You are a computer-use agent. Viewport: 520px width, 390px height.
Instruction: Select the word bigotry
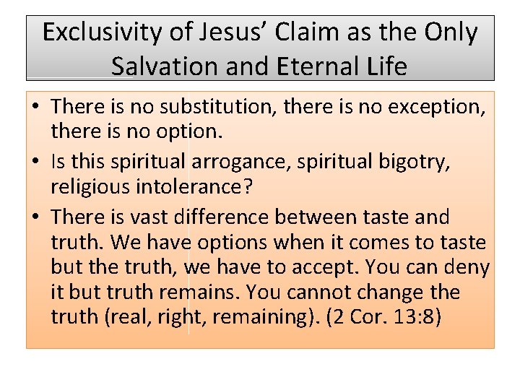(415, 162)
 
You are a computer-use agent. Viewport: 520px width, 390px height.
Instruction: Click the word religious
(87, 187)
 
